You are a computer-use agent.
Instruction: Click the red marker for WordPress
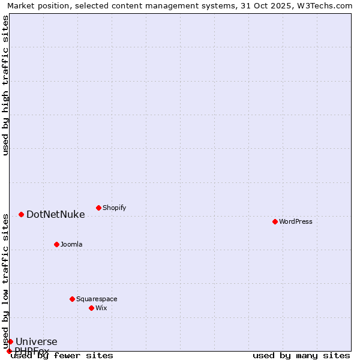tap(275, 221)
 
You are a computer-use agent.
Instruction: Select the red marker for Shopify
tap(98, 208)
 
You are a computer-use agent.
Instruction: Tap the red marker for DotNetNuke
tap(21, 214)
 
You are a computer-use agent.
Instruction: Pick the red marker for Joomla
tap(56, 244)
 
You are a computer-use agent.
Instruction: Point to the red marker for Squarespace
tap(72, 299)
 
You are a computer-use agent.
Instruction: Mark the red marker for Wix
tap(91, 308)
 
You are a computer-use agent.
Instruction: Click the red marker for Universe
tap(10, 341)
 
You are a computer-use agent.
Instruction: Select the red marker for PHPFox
tap(9, 351)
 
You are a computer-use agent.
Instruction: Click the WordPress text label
tap(296, 221)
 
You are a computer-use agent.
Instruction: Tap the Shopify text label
tap(114, 208)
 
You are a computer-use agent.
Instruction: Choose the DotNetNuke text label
tap(55, 214)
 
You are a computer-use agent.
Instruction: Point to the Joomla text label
tap(71, 244)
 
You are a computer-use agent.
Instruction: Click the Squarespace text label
tap(97, 299)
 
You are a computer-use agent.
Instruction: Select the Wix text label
tap(101, 308)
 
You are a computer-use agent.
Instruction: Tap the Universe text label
tap(36, 341)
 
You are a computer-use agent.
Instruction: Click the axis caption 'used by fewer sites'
tap(62, 355)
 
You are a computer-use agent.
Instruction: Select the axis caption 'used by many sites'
tap(301, 355)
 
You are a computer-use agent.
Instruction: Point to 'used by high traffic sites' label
tap(5, 85)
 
